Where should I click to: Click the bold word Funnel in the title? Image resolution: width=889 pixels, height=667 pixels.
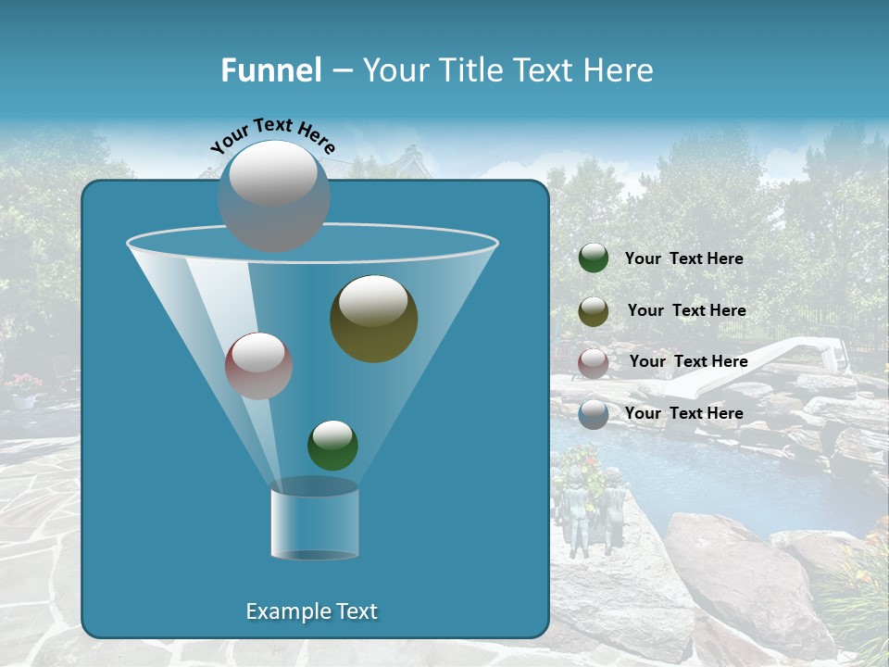270,70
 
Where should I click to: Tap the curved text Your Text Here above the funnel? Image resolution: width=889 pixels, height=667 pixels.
273,134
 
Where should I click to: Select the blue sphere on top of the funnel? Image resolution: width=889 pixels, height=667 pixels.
273,196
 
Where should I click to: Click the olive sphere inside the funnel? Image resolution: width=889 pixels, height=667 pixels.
373,318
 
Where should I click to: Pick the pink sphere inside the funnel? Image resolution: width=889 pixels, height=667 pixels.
258,366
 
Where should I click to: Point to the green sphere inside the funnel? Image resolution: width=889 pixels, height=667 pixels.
332,445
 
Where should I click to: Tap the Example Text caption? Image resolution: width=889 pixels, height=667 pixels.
311,611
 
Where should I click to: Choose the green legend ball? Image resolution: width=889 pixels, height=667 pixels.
594,258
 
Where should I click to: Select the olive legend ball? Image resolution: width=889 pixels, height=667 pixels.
594,311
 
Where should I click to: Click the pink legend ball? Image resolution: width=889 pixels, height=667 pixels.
594,362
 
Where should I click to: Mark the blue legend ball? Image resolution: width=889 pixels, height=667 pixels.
594,414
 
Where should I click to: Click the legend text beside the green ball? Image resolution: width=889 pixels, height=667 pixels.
683,259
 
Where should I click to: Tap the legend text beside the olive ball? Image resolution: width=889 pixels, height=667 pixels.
686,311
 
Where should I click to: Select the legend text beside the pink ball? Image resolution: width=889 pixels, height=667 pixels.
688,362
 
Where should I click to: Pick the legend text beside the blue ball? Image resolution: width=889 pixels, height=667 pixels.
683,414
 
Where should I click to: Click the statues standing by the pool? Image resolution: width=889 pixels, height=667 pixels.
593,510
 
